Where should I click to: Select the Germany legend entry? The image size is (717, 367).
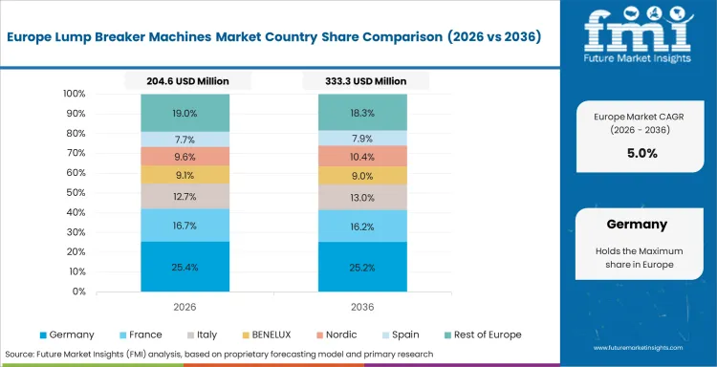(x=67, y=335)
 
